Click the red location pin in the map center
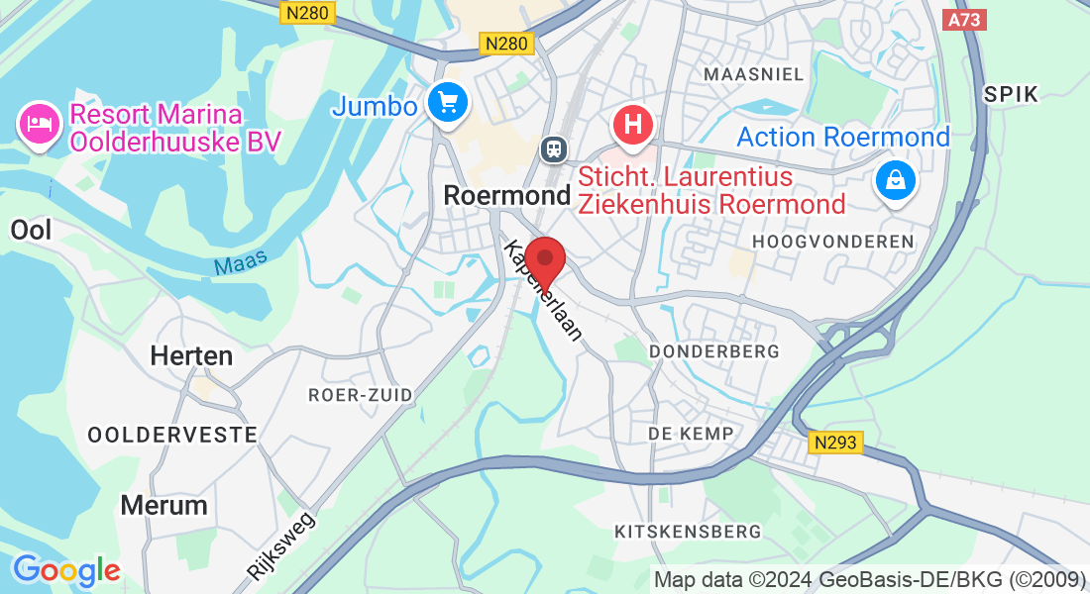tap(544, 260)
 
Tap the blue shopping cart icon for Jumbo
tap(448, 102)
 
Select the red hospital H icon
tap(634, 126)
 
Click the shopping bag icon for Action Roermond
tap(895, 179)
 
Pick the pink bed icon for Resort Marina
tap(39, 125)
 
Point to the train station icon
tap(552, 148)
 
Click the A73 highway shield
tap(965, 19)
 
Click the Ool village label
tap(30, 230)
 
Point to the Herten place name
tap(191, 356)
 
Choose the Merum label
tap(163, 505)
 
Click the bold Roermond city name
tap(507, 195)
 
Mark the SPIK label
tap(1011, 94)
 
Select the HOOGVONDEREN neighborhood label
tap(832, 242)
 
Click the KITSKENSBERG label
tap(688, 532)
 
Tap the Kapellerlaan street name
tap(543, 290)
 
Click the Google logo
tap(66, 570)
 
